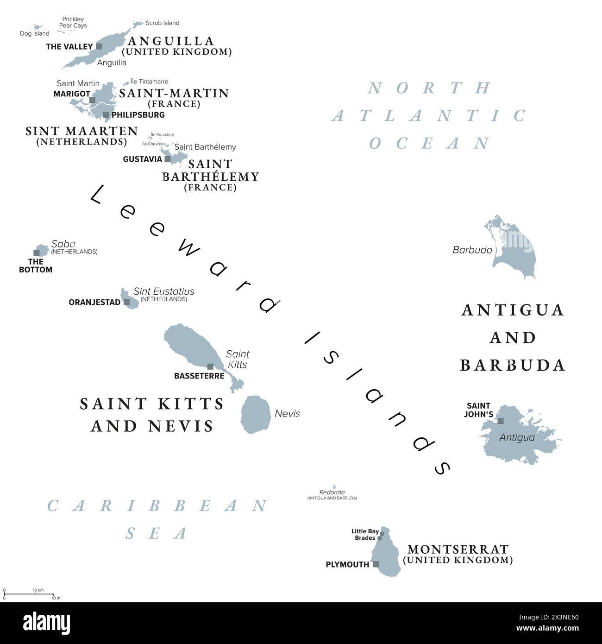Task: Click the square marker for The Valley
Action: [99, 46]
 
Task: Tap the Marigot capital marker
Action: [92, 100]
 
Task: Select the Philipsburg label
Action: [138, 115]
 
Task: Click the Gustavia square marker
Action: [168, 159]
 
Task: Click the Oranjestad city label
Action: [94, 302]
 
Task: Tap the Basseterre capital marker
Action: [210, 366]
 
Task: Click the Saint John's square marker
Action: [501, 421]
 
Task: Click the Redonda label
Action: [332, 492]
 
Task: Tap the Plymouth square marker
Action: [376, 564]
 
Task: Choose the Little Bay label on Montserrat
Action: [365, 531]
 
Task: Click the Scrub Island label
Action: [162, 23]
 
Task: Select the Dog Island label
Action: [35, 33]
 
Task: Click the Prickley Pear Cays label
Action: [73, 22]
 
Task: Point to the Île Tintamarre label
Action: [150, 82]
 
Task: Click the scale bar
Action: [29, 594]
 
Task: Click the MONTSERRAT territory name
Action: [458, 549]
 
